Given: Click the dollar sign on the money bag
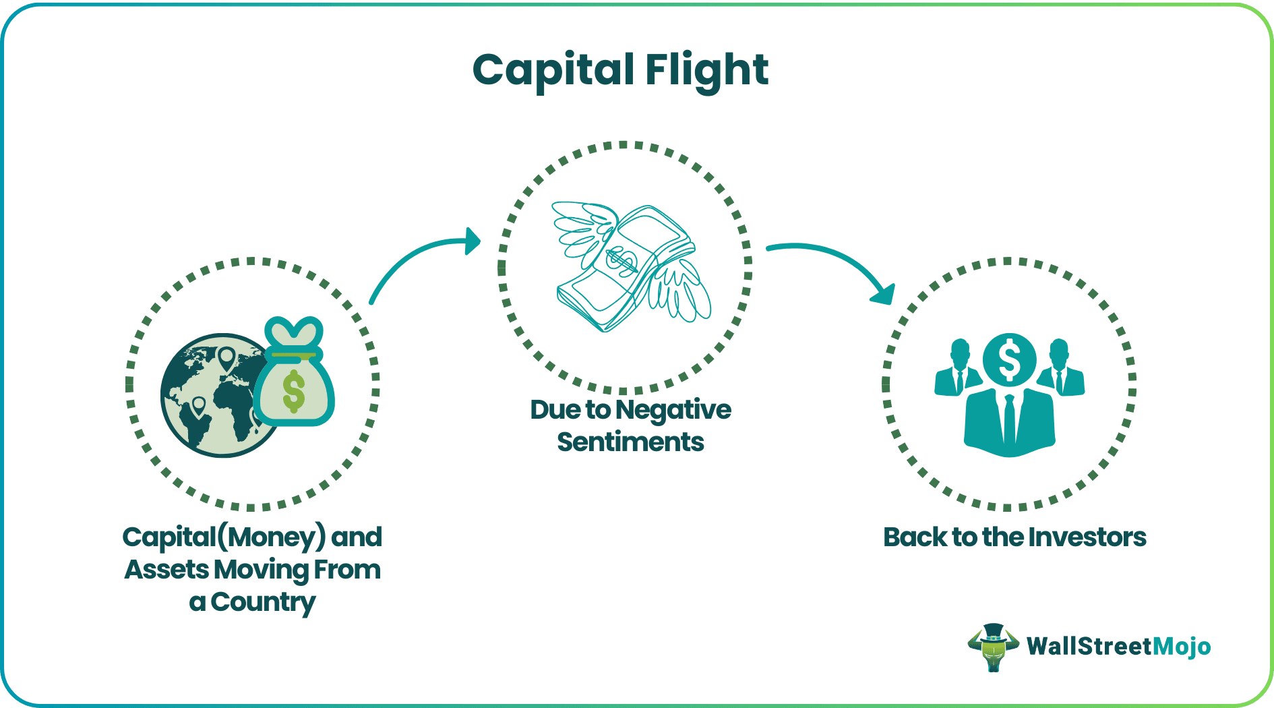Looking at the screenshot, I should click(x=294, y=391).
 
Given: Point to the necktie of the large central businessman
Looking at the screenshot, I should click(x=1009, y=418).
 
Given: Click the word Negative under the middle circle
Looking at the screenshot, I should click(x=673, y=410).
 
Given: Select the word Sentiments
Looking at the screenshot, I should click(x=630, y=442).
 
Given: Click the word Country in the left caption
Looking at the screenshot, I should click(x=263, y=602).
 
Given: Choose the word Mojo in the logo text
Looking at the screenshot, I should click(x=1181, y=647).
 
